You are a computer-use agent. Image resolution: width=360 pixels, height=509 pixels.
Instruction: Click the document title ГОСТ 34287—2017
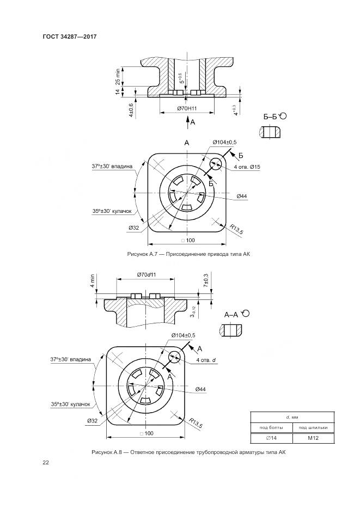(x=70, y=36)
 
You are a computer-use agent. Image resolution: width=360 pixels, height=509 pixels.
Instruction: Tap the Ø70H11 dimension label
(x=187, y=108)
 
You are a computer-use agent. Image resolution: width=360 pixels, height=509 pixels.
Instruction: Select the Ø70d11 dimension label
(x=146, y=274)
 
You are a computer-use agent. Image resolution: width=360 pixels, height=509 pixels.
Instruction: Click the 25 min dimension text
(x=118, y=77)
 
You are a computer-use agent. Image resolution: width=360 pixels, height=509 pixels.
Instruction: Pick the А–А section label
(x=231, y=315)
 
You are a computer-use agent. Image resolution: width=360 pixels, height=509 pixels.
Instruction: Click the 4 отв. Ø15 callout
(x=247, y=167)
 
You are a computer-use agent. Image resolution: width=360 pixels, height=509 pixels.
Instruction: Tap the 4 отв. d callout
(x=206, y=360)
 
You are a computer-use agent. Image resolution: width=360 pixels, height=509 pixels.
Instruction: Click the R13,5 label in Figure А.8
(x=196, y=422)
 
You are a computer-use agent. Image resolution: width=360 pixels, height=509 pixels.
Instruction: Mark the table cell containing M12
(x=313, y=438)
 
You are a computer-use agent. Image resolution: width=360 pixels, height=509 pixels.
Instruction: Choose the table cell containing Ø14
(x=271, y=438)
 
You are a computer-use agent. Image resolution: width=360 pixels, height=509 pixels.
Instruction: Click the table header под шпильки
(x=313, y=427)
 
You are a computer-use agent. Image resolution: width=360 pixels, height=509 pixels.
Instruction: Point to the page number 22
(x=46, y=463)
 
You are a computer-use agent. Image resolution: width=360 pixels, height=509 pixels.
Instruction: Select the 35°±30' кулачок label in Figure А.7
(x=112, y=211)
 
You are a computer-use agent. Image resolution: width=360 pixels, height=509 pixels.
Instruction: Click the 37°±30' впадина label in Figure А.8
(x=70, y=359)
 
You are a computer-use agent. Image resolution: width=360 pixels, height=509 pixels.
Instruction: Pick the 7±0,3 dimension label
(x=205, y=280)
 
